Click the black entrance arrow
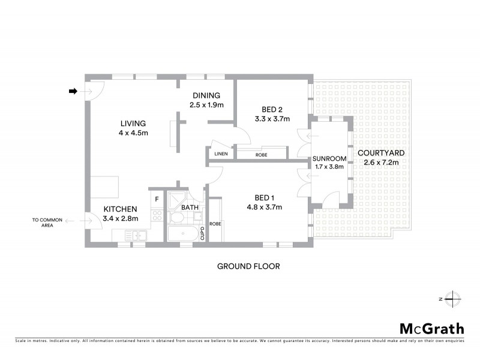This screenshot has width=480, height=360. click(x=73, y=91)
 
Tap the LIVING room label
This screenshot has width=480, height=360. click(x=133, y=124)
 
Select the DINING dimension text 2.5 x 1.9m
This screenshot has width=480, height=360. click(x=206, y=105)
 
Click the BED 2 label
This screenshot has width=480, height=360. click(x=272, y=109)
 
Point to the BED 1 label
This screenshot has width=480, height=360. click(x=265, y=198)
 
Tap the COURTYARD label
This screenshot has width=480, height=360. click(x=381, y=153)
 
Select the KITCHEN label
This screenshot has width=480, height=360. click(x=121, y=209)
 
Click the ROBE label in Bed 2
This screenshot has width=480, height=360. click(x=261, y=155)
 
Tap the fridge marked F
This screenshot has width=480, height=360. click(x=157, y=199)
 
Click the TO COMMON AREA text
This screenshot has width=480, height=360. click(x=47, y=223)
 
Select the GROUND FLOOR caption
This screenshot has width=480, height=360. click(x=248, y=266)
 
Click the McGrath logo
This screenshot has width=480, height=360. click(x=431, y=328)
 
